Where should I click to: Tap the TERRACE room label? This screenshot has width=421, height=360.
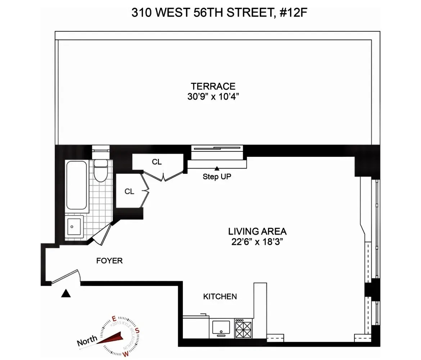pyautogui.click(x=213, y=86)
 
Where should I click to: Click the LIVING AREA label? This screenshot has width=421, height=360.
pyautogui.click(x=257, y=231)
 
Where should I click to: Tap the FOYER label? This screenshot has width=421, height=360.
pyautogui.click(x=109, y=261)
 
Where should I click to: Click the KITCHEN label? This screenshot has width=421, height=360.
pyautogui.click(x=220, y=297)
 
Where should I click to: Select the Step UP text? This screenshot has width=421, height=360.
pyautogui.click(x=217, y=177)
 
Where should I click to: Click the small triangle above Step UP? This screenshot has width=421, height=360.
pyautogui.click(x=217, y=168)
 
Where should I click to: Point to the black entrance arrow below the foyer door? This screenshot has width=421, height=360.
pyautogui.click(x=65, y=294)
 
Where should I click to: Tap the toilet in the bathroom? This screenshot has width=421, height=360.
pyautogui.click(x=100, y=170)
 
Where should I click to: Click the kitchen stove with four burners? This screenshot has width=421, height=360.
pyautogui.click(x=244, y=328)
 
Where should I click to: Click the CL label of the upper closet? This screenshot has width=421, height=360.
pyautogui.click(x=157, y=162)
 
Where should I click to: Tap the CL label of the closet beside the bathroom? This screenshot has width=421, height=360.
pyautogui.click(x=129, y=192)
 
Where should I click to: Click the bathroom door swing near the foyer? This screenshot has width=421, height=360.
pyautogui.click(x=102, y=234)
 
